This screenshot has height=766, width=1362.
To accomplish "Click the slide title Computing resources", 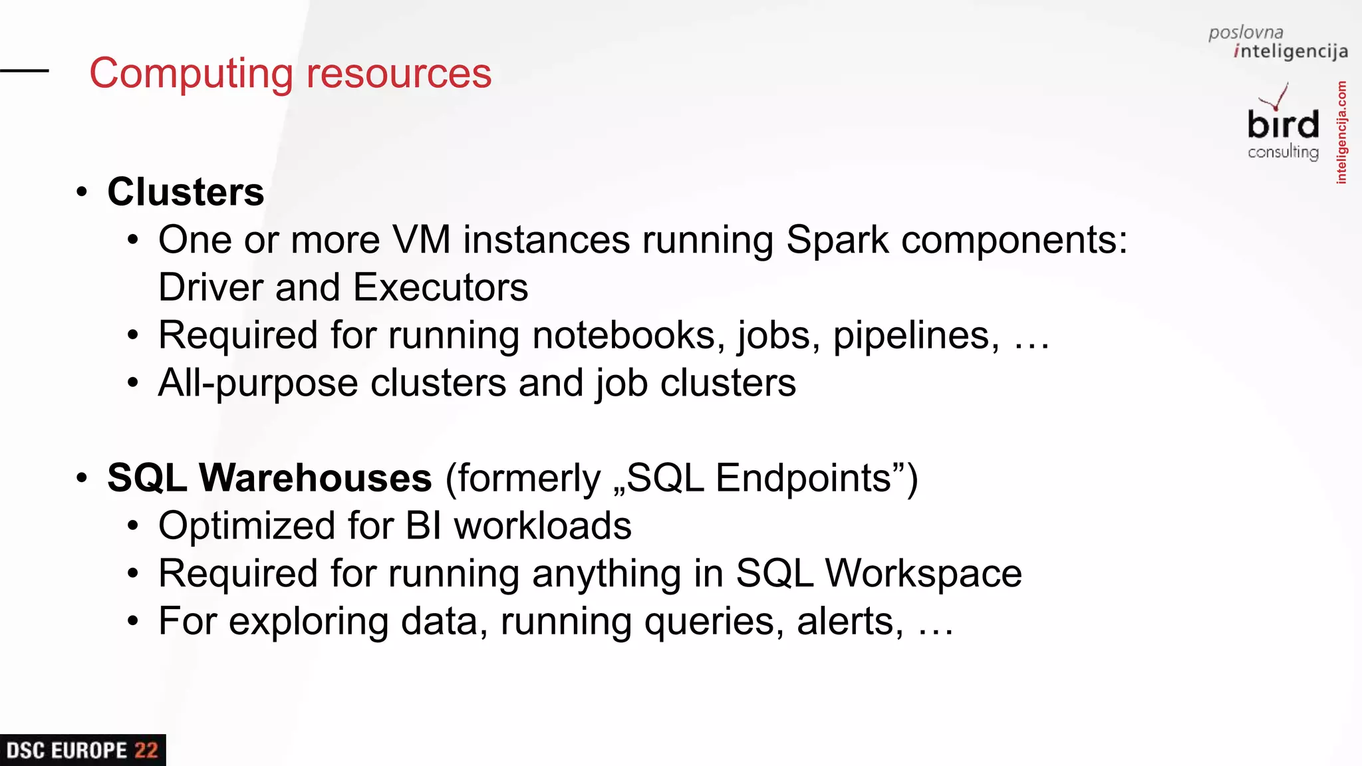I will (290, 73).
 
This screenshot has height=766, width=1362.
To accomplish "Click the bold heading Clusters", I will (186, 192).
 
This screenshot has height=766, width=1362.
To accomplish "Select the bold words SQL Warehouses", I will (269, 478).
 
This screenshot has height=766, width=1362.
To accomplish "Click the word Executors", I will (440, 287).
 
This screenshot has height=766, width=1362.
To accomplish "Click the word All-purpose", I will (258, 384).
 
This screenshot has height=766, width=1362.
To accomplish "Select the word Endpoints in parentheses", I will (802, 478).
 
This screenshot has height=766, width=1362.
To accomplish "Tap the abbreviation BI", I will (424, 526).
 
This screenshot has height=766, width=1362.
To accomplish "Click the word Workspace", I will (923, 574).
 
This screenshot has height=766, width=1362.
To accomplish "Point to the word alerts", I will (850, 622).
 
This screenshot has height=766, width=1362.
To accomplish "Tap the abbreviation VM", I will (422, 240).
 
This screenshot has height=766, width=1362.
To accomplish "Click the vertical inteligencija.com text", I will (1341, 132).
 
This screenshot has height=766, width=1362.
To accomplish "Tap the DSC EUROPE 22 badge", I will (82, 750).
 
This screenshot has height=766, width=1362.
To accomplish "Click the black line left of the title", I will (25, 70).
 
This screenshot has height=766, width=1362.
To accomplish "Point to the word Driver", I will (211, 287).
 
